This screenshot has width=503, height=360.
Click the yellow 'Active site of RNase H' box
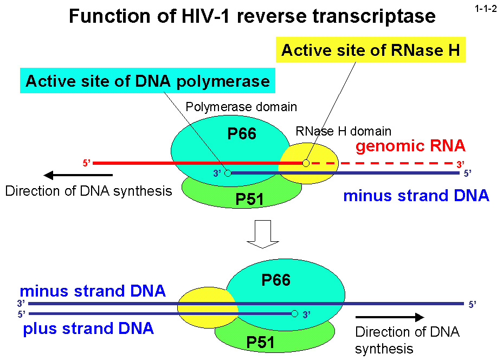coord(371,50)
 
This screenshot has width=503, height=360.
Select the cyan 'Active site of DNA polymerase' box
coord(148,81)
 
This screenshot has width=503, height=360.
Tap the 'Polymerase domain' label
coord(241,107)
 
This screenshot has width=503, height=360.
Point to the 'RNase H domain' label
coord(344,131)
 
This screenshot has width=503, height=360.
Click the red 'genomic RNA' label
coord(410,146)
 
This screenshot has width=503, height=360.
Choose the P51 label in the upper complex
coord(249,199)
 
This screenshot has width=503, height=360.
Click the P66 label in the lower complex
coord(276,280)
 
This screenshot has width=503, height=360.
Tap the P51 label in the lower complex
coord(260,343)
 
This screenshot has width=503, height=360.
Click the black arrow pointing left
coord(78,175)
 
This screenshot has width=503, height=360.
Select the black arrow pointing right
coord(389,317)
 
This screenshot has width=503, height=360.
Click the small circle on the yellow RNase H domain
coord(306,163)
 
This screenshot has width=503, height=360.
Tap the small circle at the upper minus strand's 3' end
coord(228,173)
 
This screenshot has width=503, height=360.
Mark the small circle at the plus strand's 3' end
coord(294,313)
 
